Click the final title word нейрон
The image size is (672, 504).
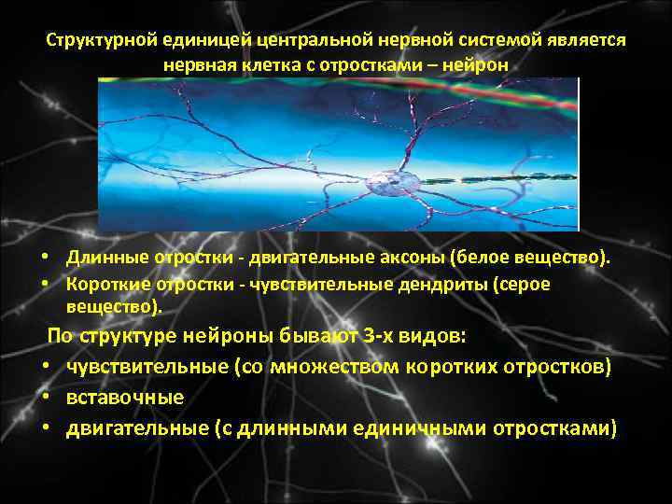pos(480,66)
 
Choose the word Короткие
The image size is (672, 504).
pos(105,285)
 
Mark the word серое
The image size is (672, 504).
pos(526,285)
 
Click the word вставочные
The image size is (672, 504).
pos(125,398)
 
